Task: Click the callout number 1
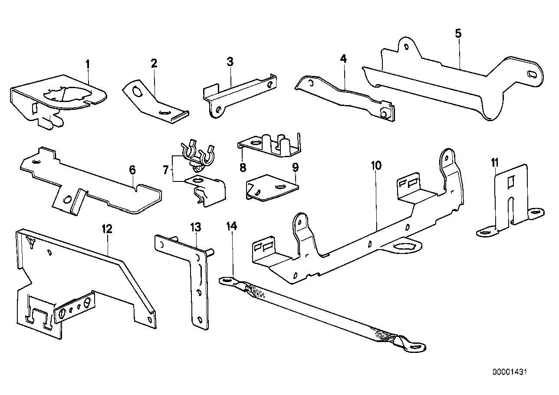[87, 65]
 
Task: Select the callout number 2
[154, 63]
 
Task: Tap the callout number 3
[230, 61]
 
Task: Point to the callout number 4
[343, 59]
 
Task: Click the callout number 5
[459, 33]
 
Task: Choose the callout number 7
[165, 170]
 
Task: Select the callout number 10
[376, 165]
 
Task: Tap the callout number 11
[495, 163]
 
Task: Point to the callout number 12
[107, 229]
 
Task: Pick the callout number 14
[232, 226]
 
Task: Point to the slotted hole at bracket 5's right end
[532, 74]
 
